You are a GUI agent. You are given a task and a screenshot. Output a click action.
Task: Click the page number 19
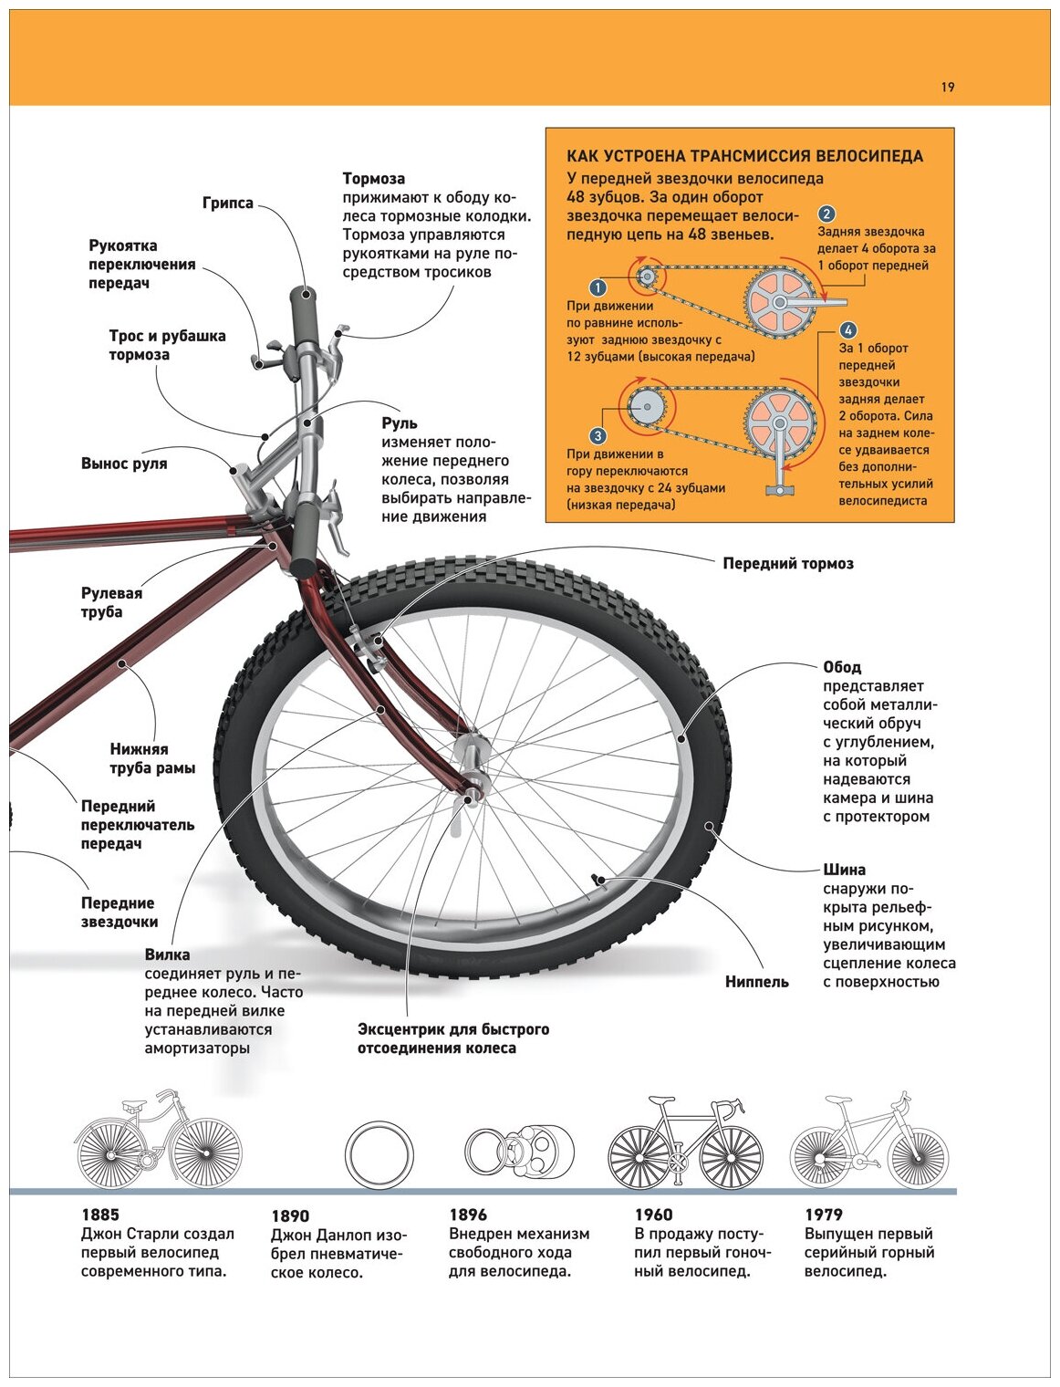coord(947,88)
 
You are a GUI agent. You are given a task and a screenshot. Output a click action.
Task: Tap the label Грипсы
coord(227,203)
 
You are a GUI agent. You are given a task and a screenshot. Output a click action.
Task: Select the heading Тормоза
coord(373,179)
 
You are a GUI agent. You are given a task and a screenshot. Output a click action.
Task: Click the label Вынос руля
coord(124,464)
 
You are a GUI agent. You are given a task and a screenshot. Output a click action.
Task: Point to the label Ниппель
coord(756,982)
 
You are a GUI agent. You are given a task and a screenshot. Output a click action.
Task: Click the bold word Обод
coord(841,667)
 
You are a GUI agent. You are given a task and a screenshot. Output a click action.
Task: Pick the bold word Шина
coord(844,870)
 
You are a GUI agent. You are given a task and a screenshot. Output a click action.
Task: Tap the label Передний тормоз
coord(788,564)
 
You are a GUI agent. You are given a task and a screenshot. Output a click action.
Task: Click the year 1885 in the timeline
coord(99,1215)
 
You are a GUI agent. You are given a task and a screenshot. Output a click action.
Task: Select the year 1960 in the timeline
coord(653,1215)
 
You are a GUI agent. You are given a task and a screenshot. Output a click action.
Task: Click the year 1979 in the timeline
coord(823,1215)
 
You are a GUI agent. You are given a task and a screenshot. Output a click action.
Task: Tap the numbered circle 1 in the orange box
coord(598,288)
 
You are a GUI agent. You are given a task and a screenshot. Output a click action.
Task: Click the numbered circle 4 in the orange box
coord(848,330)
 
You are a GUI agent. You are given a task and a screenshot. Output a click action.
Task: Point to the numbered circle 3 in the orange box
coord(598,436)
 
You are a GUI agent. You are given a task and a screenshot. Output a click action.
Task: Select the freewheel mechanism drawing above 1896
coord(520,1152)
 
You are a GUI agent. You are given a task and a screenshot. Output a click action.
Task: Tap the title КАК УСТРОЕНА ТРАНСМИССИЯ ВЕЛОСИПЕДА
coord(744,156)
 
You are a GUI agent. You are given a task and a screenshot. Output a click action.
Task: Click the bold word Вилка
coord(167,954)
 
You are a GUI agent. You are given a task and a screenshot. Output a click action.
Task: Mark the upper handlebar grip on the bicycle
coord(305,315)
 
